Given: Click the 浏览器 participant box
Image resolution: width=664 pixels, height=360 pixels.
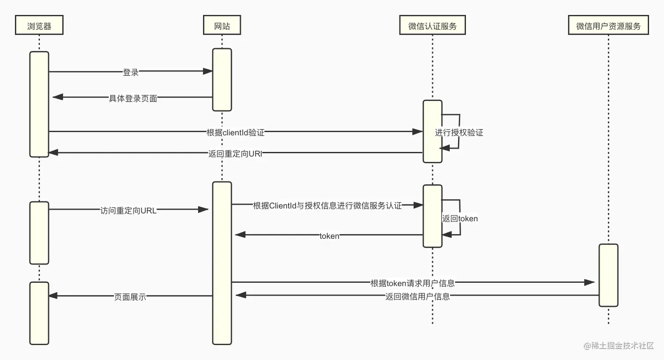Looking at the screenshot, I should tap(39, 25).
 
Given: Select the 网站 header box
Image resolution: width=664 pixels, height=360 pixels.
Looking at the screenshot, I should tap(222, 25).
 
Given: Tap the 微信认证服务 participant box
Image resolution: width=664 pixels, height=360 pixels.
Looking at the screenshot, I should tap(432, 25).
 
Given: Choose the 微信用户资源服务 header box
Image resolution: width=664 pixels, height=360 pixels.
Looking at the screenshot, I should tap(608, 25).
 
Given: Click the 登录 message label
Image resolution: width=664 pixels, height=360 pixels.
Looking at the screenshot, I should tap(130, 72).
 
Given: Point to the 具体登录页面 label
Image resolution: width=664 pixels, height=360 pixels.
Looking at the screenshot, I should tap(133, 98).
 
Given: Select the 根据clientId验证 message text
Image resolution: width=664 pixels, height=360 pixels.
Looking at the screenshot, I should tap(235, 132).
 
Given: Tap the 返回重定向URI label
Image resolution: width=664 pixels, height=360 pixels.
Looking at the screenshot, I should tap(235, 154).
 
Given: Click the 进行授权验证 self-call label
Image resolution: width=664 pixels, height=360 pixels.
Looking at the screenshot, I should tap(459, 132).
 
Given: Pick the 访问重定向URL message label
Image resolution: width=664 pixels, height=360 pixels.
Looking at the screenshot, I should tap(128, 210).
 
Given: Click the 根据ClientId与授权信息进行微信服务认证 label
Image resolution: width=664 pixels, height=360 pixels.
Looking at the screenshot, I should tap(327, 205).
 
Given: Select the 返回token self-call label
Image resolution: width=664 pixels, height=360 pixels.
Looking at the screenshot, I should tap(460, 218).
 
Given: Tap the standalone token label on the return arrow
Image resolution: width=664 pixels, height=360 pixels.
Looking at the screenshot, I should tap(329, 236).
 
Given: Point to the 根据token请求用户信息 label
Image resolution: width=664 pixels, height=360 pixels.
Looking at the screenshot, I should tap(412, 283).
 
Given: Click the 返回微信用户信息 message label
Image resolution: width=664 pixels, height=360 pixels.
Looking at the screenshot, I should tap(417, 296).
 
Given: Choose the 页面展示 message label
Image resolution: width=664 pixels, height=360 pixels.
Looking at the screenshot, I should tap(130, 297).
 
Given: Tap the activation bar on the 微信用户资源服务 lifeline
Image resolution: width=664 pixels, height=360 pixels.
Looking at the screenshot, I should tap(608, 275).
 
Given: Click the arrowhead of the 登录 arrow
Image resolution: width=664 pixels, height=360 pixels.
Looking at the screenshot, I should tap(208, 71).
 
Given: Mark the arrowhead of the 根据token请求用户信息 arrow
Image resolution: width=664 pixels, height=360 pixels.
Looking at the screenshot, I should tap(589, 282).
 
